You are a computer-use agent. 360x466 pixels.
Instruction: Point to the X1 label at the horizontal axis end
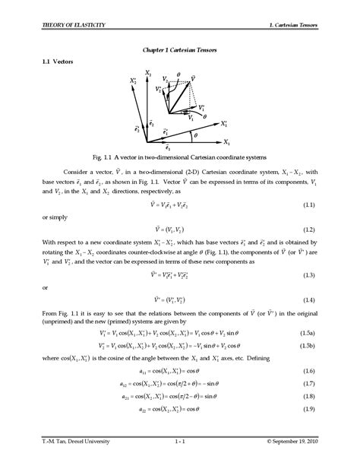coord(226,142)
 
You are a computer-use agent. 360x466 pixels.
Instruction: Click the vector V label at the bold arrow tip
coord(196,78)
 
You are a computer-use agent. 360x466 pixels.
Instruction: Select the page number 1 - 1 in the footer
coord(180,441)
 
